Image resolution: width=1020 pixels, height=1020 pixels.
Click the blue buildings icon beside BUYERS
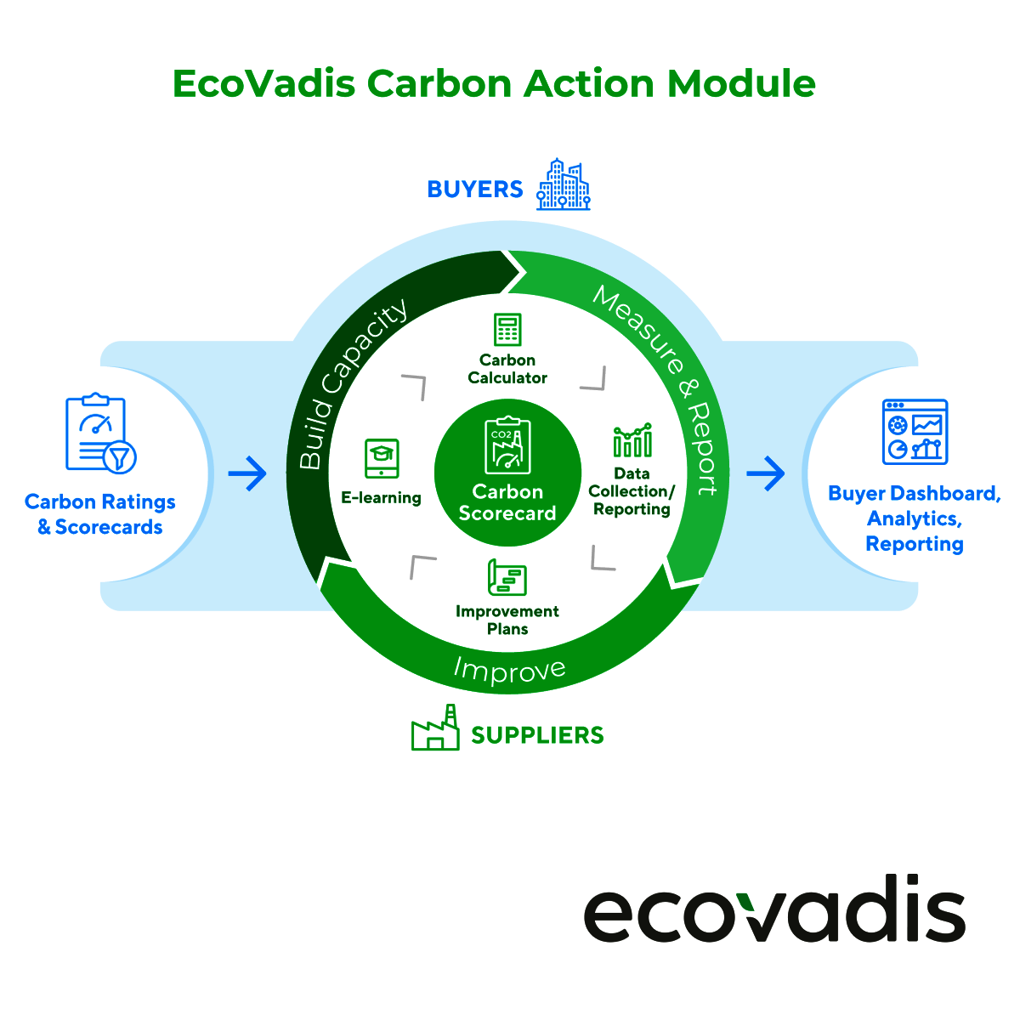coord(563,184)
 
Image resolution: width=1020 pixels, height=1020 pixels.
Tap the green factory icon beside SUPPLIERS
coord(434,729)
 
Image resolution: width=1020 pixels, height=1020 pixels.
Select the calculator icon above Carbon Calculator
coord(507,329)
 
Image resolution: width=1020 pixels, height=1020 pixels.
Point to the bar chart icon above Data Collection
coord(632,441)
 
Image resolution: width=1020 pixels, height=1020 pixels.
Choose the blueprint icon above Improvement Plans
coord(507,578)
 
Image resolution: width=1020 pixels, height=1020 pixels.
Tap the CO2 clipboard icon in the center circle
coord(507,445)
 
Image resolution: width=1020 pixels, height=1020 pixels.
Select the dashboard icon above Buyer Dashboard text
coord(915,432)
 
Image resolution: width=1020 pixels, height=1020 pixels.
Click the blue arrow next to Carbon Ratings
coord(247,473)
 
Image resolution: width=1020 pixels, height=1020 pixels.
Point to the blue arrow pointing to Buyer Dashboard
coord(765,473)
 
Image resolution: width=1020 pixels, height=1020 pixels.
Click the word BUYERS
coord(474,189)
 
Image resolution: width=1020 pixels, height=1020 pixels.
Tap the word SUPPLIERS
coord(537,735)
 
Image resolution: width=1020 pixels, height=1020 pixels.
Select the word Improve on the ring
coord(509,670)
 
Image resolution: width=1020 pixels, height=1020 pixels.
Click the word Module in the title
coord(741,83)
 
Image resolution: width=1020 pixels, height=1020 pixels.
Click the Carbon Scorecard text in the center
coord(507,502)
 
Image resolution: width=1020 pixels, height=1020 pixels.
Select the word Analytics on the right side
coord(914,518)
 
